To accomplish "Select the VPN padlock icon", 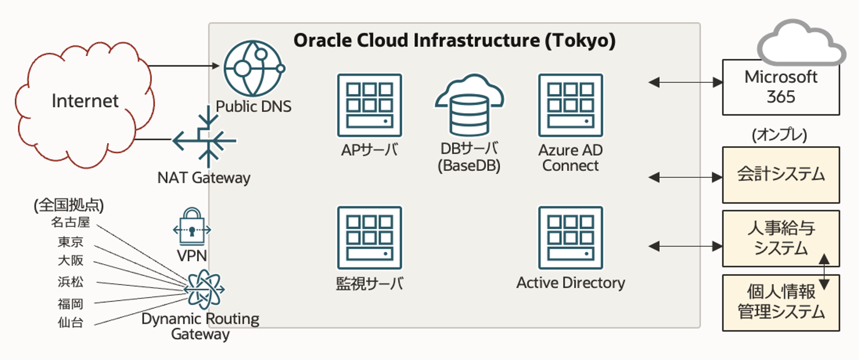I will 192,227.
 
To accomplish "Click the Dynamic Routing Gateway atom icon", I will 204,289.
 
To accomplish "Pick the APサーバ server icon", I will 369,105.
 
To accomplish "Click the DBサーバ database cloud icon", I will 469,106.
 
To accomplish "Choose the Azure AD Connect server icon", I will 570,105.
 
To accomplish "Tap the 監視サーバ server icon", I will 369,238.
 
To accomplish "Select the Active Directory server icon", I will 570,238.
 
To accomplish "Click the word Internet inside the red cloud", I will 85,101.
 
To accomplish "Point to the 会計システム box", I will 780,175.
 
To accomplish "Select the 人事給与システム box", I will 780,239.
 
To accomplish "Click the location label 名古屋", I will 71,222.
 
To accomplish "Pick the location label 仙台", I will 71,323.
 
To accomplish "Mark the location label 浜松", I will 71,282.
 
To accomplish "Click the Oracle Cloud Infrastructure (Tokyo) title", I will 454,41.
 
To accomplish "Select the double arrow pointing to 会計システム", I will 685,177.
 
